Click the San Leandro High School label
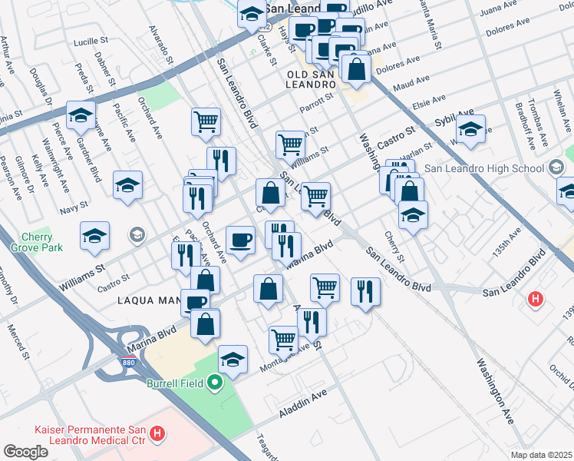(x=496, y=168)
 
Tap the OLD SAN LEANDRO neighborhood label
(x=311, y=79)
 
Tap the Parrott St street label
(x=318, y=103)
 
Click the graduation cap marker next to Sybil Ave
(x=470, y=128)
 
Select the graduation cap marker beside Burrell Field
(x=233, y=359)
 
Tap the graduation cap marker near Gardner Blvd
(x=81, y=115)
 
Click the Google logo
(x=25, y=452)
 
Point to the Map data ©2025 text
(x=541, y=455)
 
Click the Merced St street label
(x=17, y=342)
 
